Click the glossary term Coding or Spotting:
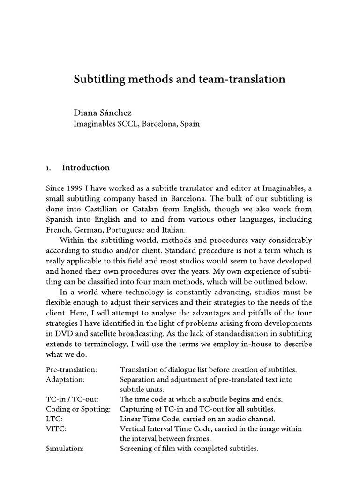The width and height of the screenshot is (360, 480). (x=78, y=409)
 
